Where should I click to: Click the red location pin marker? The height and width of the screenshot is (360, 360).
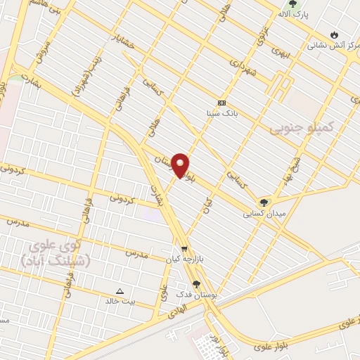pyautogui.click(x=180, y=166)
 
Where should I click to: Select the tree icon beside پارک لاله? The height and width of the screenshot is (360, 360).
pyautogui.click(x=292, y=4)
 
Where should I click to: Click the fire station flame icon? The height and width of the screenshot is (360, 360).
pyautogui.click(x=334, y=34)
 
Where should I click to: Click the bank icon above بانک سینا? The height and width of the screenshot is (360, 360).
pyautogui.click(x=221, y=103)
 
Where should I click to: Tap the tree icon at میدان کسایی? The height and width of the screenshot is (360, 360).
pyautogui.click(x=264, y=202)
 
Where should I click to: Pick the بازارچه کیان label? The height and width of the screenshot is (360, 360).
pyautogui.click(x=184, y=259)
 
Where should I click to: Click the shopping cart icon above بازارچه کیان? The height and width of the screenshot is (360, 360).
pyautogui.click(x=184, y=249)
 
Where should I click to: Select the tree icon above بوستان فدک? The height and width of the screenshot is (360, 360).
pyautogui.click(x=196, y=284)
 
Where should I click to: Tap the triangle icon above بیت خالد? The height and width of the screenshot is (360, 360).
pyautogui.click(x=119, y=291)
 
